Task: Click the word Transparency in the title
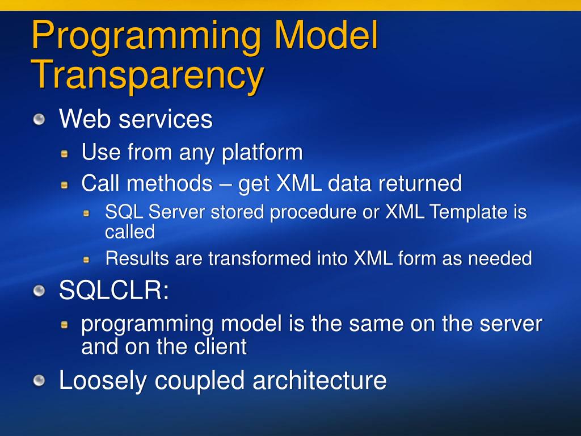(x=148, y=76)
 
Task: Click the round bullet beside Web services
(x=39, y=119)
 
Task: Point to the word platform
(x=262, y=152)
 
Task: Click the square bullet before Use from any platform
(x=65, y=153)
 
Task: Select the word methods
(x=170, y=183)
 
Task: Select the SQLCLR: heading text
(x=113, y=290)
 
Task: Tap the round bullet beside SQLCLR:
(x=39, y=291)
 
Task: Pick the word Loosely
(x=103, y=381)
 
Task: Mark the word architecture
(x=319, y=380)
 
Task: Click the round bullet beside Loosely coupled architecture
(x=39, y=380)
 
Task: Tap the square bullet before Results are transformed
(x=86, y=259)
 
